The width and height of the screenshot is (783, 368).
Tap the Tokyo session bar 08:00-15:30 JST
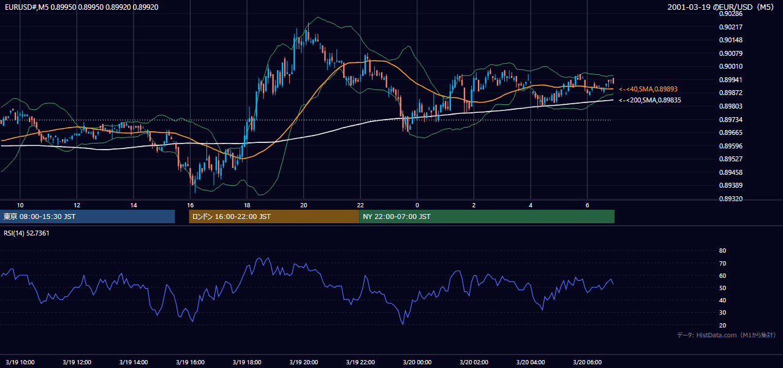click(x=88, y=217)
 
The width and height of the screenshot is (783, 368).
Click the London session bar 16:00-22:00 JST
click(x=274, y=217)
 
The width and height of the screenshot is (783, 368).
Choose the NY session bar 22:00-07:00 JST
click(x=486, y=217)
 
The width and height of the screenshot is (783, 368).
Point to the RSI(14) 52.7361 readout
click(x=26, y=233)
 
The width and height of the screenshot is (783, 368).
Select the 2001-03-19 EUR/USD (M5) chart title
click(x=721, y=7)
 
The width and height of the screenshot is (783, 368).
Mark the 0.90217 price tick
click(x=730, y=27)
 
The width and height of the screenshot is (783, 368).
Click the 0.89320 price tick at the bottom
click(x=730, y=199)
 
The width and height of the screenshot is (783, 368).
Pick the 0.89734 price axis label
click(x=730, y=120)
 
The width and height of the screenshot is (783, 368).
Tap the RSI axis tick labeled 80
click(x=722, y=250)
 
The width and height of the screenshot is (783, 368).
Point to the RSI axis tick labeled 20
click(x=722, y=325)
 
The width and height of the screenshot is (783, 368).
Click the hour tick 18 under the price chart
click(x=247, y=205)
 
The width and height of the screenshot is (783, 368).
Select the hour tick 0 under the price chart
click(x=417, y=205)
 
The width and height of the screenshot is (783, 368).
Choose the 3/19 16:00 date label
click(x=190, y=362)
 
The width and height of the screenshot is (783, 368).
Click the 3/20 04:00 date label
click(x=531, y=362)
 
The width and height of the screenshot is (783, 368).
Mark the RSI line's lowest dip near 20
click(x=403, y=324)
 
